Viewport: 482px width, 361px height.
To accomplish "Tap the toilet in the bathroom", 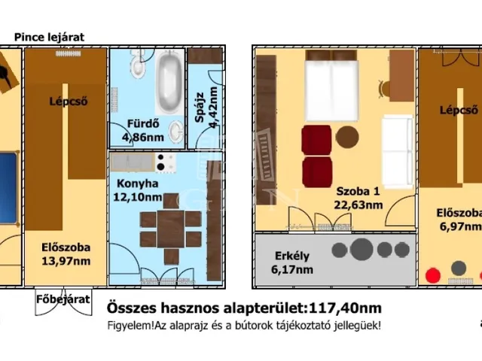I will click(137, 68).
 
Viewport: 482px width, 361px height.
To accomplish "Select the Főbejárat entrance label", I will click(63, 299).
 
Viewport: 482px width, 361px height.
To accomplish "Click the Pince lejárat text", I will click(49, 36).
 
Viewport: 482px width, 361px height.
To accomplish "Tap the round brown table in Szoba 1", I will click(347, 137).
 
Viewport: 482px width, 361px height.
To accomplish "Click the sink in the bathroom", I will click(175, 133).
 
